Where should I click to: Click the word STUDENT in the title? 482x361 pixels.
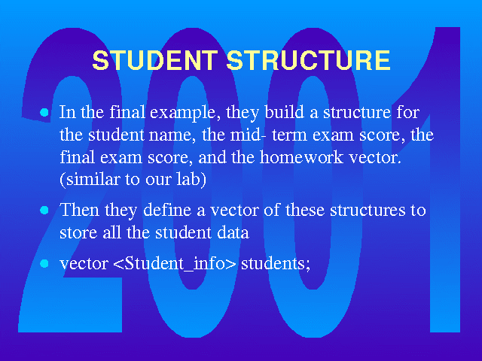155,60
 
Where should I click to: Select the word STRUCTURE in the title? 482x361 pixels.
308,60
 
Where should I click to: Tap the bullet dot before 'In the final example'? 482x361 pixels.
44,112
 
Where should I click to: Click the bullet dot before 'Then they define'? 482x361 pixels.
44,211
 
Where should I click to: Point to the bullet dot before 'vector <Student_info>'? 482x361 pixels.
44,263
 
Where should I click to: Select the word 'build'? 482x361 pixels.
284,112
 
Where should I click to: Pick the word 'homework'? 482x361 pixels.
301,157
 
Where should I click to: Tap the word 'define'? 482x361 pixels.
167,210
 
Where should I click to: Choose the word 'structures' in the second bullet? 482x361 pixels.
368,211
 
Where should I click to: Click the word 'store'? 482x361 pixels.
78,233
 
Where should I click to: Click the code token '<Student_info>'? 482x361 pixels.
175,263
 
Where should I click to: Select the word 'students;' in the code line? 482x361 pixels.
276,264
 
